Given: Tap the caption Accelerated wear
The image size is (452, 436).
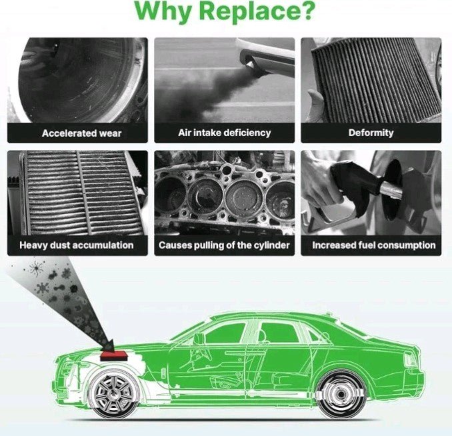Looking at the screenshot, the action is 81,133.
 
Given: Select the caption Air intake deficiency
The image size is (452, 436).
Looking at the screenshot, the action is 224,133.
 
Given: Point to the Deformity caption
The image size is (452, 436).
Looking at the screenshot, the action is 371,133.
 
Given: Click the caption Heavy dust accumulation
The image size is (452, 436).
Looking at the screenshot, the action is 77,245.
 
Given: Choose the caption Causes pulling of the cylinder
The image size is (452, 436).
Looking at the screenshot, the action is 224,245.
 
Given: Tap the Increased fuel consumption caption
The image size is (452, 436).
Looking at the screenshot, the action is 374,245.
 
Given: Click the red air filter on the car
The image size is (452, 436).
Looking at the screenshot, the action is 113,355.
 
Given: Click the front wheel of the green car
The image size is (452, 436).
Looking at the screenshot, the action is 113,394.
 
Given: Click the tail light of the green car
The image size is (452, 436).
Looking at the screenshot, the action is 410,359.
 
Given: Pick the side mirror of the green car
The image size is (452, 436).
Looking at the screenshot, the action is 199,339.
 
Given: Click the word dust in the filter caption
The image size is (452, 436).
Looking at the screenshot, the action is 60,245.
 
